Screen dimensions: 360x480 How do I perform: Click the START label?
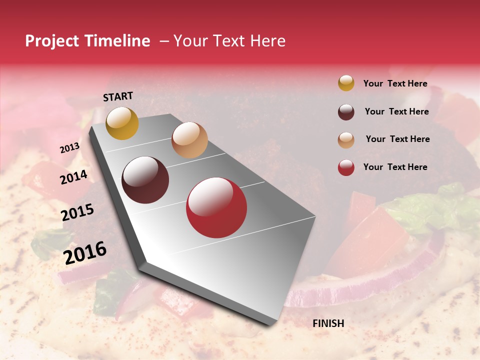pos(118,96)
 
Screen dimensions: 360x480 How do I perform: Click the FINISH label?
pos(328,323)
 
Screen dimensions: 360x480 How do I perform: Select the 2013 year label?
pos(69,148)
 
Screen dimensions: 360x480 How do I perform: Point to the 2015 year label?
pos(77,212)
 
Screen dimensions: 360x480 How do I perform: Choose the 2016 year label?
pos(85,252)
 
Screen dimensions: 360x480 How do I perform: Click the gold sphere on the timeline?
pos(122,123)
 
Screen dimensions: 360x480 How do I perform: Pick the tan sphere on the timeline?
pos(189,140)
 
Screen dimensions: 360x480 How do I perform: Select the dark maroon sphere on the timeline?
pos(145,180)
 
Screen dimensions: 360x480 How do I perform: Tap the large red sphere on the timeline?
pos(216,207)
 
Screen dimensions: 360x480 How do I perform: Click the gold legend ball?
pos(346,83)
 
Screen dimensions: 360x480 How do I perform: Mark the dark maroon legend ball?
pos(346,112)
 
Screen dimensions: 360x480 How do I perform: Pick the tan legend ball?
pos(346,140)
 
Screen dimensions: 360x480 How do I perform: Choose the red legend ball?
pos(346,167)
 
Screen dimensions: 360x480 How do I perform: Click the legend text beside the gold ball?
pos(395,83)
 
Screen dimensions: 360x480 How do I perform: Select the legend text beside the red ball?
pos(395,167)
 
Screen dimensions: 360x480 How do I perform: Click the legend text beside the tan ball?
pos(397,139)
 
